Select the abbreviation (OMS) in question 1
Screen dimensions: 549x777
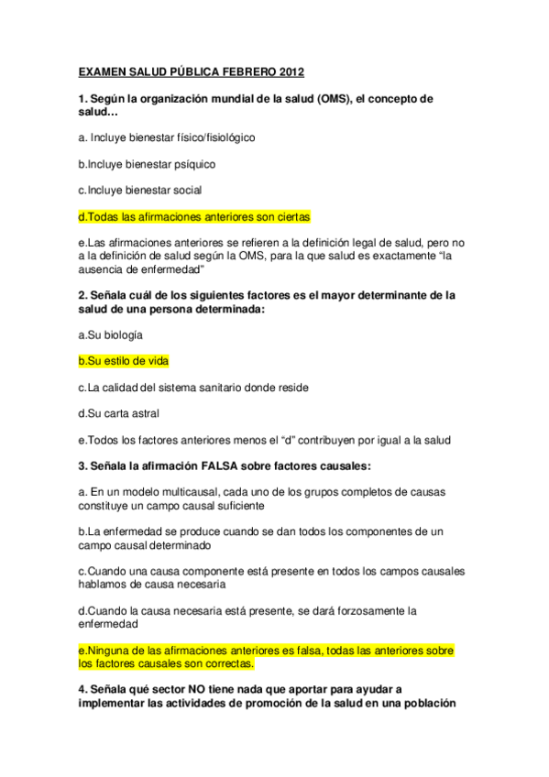pyautogui.click(x=338, y=98)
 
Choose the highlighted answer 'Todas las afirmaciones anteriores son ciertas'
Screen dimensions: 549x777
pyautogui.click(x=194, y=217)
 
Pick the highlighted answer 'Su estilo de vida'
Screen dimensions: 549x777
pyautogui.click(x=123, y=361)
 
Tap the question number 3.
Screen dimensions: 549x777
pyautogui.click(x=82, y=466)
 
